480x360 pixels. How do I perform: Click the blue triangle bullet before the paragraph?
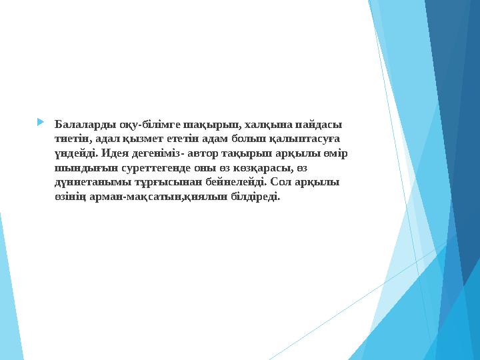point(41,123)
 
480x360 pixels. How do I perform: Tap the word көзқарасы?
point(257,168)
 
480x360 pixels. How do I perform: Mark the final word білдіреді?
point(255,197)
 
